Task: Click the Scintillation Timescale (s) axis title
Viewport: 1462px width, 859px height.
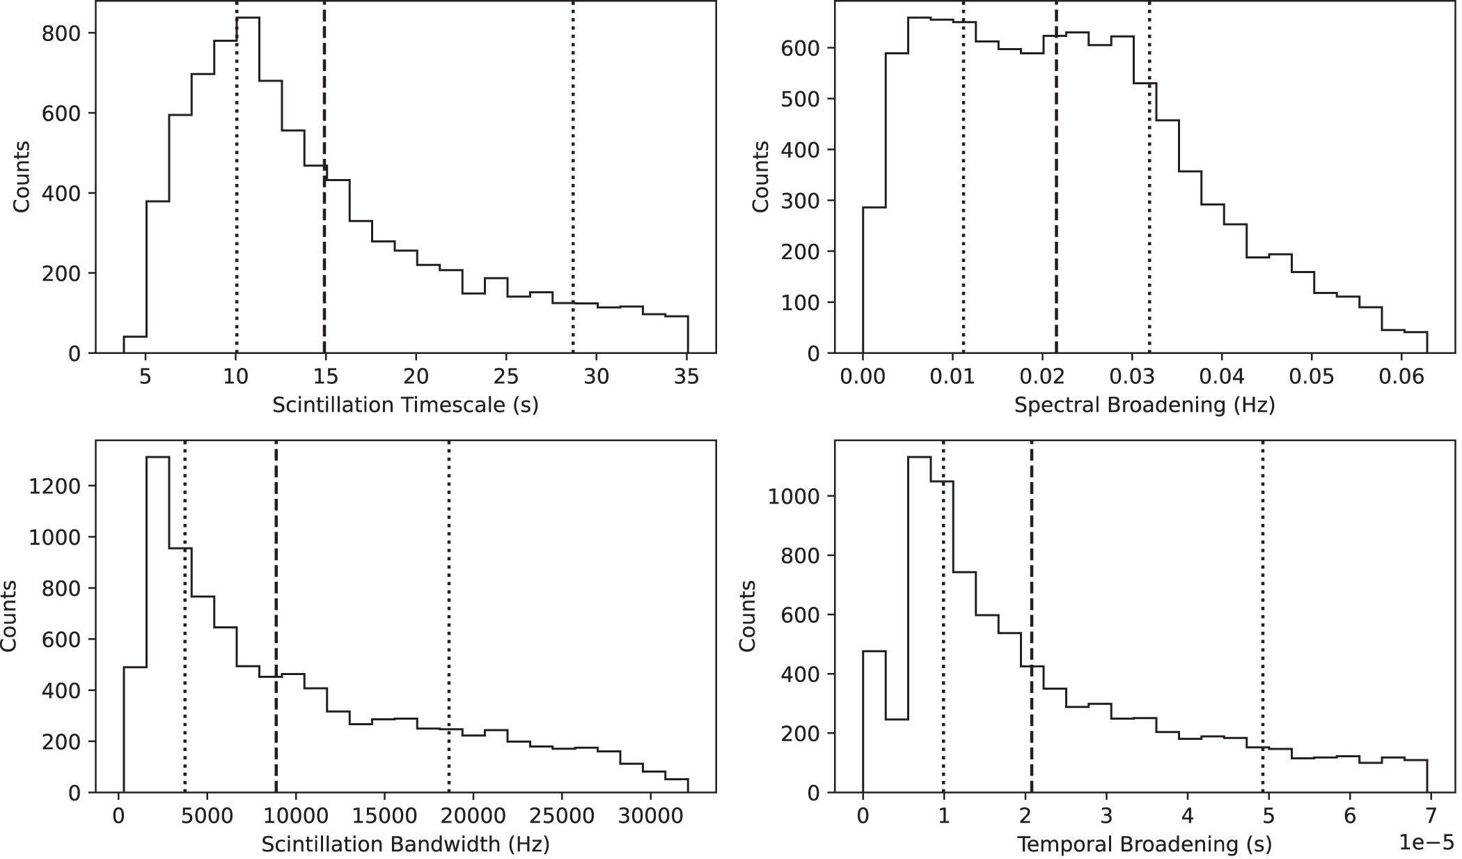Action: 405,405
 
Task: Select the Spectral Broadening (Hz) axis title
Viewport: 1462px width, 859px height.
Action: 1144,405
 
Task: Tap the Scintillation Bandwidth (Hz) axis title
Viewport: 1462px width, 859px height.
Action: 405,844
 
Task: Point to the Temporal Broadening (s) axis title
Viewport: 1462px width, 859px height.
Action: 1144,844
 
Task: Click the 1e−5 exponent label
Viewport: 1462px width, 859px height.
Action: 1426,842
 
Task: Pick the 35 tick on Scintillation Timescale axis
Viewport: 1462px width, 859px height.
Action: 686,377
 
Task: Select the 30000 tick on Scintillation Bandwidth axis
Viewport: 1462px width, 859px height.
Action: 650,816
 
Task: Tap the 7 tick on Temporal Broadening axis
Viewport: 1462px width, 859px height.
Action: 1431,816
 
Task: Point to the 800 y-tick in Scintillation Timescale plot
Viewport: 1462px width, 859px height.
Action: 61,33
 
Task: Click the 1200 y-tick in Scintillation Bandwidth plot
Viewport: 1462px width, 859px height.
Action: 56,486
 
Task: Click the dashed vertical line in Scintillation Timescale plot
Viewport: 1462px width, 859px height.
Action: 324,209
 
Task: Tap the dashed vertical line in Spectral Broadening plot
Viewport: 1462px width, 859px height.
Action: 1056,209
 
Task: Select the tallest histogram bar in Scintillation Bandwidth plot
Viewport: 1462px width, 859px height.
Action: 157,627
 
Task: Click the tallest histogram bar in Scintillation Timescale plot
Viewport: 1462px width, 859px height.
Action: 248,188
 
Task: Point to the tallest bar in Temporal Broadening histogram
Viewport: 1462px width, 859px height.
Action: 919,627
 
